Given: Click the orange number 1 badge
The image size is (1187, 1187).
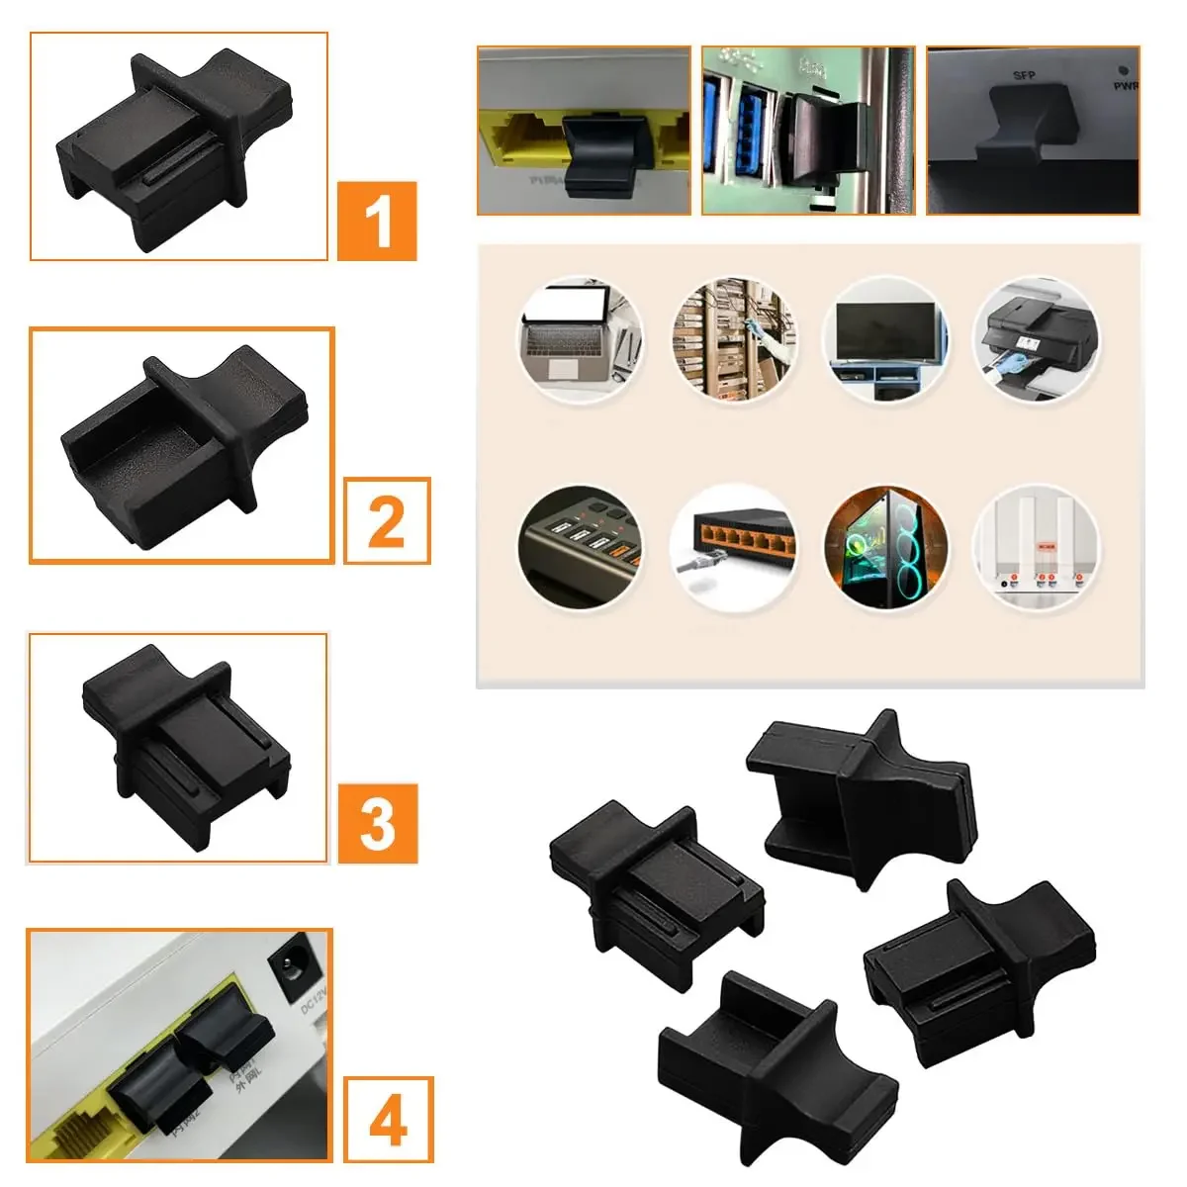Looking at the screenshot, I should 377,222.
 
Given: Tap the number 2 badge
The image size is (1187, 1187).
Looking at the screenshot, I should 387,520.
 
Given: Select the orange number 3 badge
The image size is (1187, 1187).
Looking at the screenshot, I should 377,823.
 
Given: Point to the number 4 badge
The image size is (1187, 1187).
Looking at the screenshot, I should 388,1120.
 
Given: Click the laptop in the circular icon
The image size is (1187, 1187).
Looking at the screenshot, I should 581,339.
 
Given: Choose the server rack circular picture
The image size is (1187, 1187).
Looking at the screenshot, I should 734,339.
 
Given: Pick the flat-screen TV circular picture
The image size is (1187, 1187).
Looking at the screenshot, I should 885,339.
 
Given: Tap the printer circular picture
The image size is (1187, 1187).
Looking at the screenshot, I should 1036,339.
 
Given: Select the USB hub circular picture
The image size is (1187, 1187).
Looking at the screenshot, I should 581,547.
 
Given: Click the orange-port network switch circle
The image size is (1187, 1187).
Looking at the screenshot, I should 734,547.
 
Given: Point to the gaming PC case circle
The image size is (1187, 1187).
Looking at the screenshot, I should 885,547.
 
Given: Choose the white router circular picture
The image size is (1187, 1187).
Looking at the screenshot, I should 1036,547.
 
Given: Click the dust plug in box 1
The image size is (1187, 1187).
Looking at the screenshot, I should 176,148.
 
